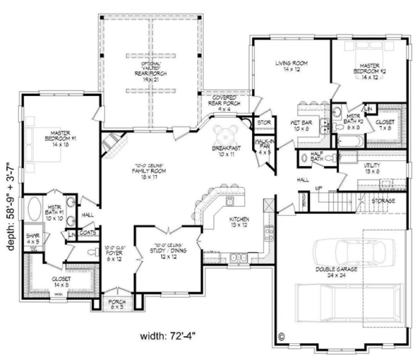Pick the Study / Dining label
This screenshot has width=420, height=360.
click(166, 251)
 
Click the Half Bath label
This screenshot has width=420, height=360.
click(317, 157)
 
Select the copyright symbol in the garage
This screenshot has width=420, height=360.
click(281, 336)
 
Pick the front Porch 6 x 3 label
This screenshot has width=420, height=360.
click(117, 304)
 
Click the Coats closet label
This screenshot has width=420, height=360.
click(88, 234)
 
